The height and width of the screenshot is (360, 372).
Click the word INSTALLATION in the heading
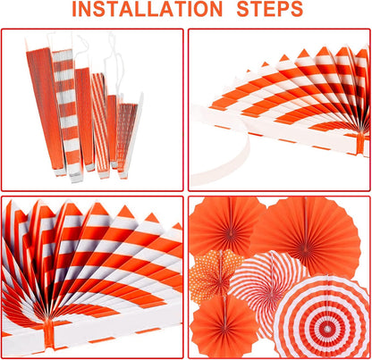[148, 9]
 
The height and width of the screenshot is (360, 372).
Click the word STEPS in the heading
[270, 9]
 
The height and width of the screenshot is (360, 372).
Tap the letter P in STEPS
[283, 9]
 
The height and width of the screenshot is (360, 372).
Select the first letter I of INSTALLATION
[74, 9]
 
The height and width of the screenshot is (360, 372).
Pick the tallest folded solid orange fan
[44, 110]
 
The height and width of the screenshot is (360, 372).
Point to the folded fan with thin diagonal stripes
[99, 125]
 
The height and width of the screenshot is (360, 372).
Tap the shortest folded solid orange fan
[113, 131]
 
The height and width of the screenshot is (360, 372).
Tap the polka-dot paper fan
[216, 277]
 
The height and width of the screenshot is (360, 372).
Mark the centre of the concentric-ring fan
[327, 329]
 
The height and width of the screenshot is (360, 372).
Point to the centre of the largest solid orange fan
[305, 247]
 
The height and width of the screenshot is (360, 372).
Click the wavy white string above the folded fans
[114, 61]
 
